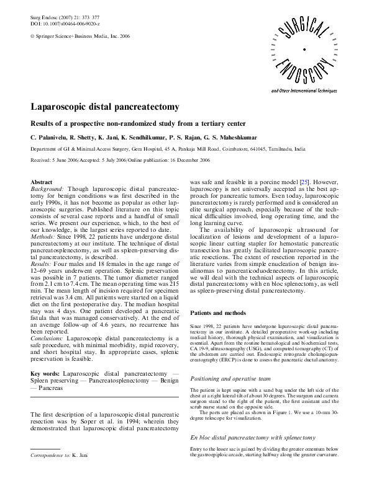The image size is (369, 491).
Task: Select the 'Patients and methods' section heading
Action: (x=220, y=314)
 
